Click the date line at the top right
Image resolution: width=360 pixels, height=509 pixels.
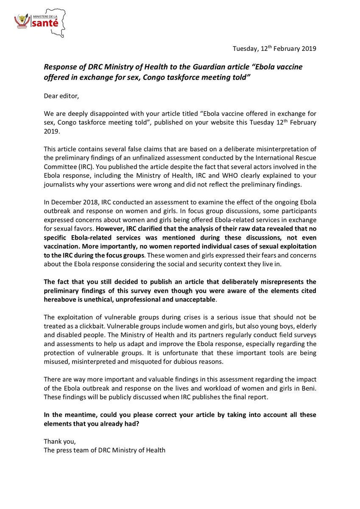(x=274, y=49)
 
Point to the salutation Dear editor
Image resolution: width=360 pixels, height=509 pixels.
(x=61, y=96)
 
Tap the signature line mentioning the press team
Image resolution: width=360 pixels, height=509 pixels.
(x=104, y=450)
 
